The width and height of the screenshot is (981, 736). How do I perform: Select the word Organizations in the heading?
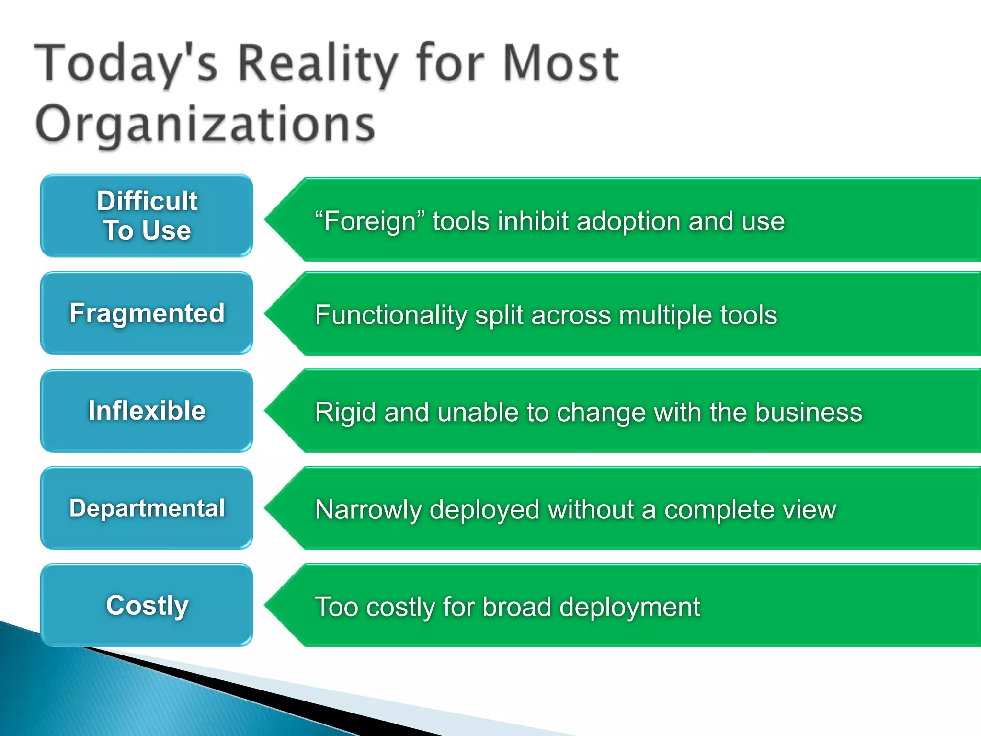[x=205, y=124]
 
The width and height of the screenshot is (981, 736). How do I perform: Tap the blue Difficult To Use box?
[x=147, y=216]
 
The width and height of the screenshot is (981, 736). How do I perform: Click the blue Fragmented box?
[x=147, y=313]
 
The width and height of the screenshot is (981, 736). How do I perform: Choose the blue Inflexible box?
[x=147, y=411]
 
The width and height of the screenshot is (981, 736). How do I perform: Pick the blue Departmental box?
[x=147, y=508]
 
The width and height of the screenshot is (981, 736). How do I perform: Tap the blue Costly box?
[x=147, y=605]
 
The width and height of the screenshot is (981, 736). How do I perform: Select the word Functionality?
[x=390, y=315]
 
